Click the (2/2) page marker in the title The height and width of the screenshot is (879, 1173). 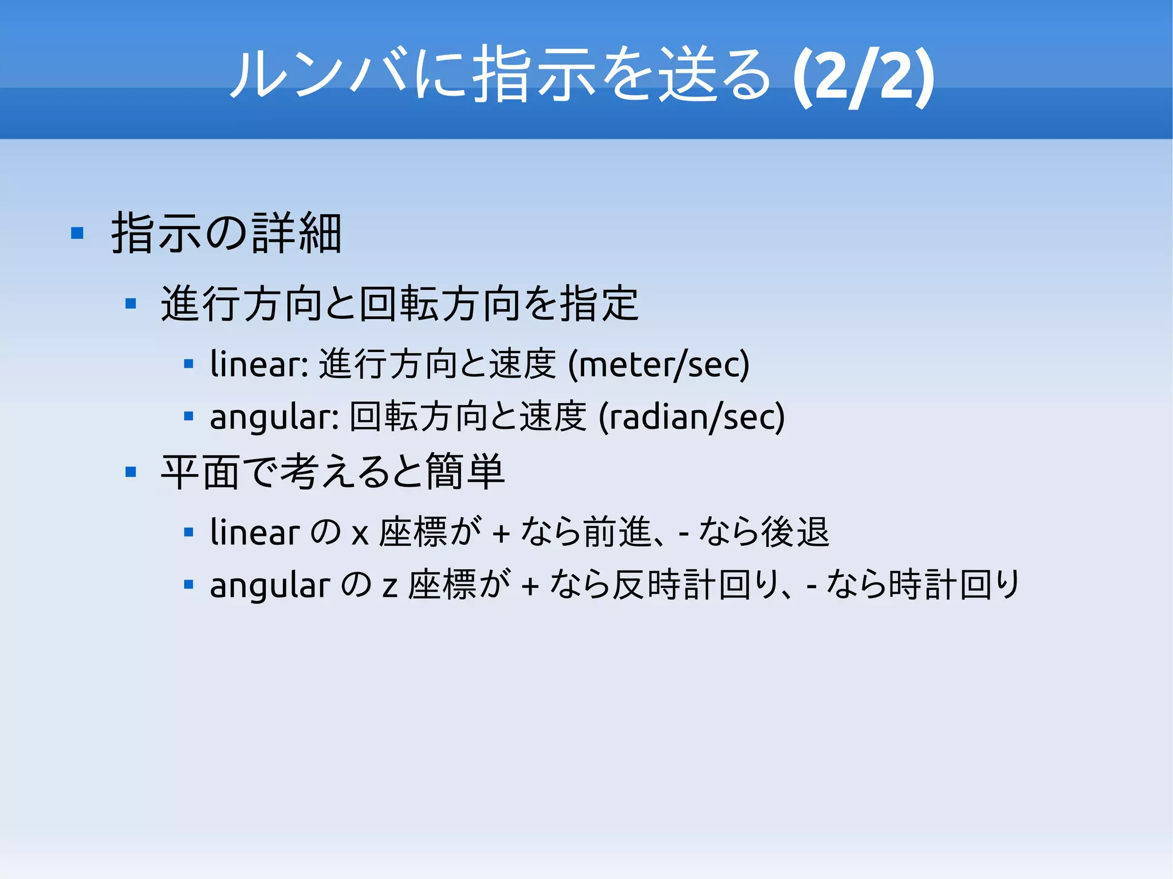pos(864,77)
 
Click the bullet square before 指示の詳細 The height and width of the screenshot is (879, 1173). pos(77,234)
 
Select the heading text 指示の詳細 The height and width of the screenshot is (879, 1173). pos(227,234)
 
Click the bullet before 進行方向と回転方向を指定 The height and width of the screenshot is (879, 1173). pos(131,303)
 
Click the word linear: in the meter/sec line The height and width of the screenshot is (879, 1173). pos(259,364)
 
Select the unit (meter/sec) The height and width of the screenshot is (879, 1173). pos(659,365)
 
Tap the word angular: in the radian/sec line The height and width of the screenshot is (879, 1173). pos(275,416)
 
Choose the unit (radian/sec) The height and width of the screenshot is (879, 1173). pos(692,417)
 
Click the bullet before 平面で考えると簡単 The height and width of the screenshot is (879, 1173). pos(131,472)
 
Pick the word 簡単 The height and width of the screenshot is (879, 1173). pos(465,472)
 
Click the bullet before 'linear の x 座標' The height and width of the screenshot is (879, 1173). pos(188,533)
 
